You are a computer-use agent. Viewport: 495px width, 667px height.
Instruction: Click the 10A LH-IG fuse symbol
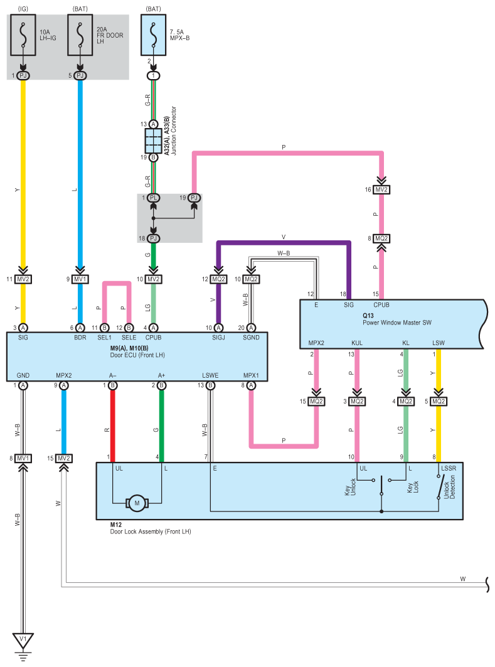(x=23, y=35)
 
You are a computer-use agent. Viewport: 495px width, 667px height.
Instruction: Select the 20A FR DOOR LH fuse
(x=80, y=35)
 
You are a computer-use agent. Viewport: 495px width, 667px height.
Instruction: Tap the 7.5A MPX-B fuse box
(x=154, y=35)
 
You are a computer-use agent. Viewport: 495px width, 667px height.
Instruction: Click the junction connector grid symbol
(x=154, y=141)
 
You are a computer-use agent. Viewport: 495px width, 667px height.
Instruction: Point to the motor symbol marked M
(x=137, y=503)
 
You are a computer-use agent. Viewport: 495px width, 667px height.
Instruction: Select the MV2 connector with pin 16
(x=381, y=189)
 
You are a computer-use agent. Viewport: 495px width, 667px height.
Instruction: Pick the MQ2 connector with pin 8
(x=381, y=238)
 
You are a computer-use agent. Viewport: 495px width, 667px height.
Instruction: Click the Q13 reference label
(x=368, y=316)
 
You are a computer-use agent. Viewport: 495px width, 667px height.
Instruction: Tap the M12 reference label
(x=115, y=525)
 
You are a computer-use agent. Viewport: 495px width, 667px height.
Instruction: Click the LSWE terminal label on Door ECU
(x=210, y=375)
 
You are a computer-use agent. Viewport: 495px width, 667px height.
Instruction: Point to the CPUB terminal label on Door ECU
(x=154, y=338)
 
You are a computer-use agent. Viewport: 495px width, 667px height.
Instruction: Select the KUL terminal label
(x=357, y=343)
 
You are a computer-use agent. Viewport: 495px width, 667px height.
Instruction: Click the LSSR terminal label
(x=449, y=468)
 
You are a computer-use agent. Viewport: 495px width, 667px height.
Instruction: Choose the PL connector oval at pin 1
(x=154, y=198)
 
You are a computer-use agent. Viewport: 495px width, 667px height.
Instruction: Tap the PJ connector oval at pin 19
(x=194, y=198)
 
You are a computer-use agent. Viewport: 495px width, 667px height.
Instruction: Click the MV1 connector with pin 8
(x=23, y=458)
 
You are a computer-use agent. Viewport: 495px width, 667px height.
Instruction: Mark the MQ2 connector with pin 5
(x=439, y=401)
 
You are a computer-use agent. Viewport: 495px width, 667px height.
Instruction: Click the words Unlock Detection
(x=449, y=488)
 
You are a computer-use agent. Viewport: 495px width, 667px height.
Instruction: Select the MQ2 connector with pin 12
(x=218, y=279)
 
